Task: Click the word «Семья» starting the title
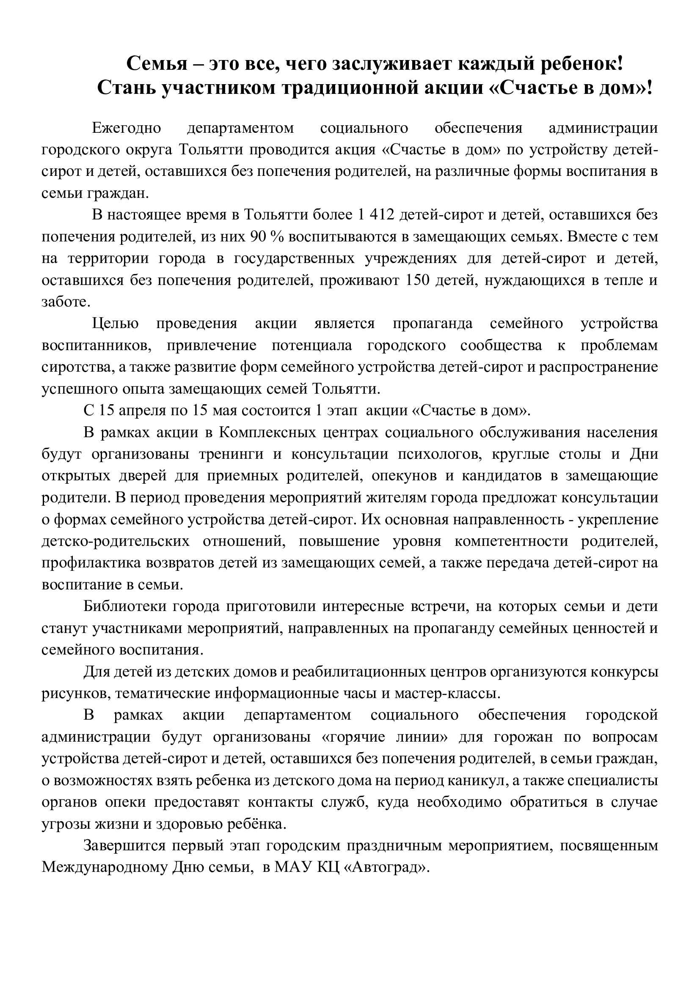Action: click(x=157, y=64)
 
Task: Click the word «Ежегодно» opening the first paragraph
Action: click(x=126, y=128)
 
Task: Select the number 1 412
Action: click(x=376, y=214)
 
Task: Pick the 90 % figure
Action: click(x=266, y=236)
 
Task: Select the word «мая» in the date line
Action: click(x=225, y=410)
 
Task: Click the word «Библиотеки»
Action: click(x=124, y=606)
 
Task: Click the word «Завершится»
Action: click(x=124, y=845)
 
